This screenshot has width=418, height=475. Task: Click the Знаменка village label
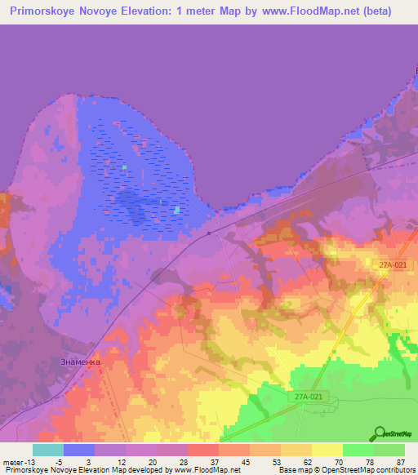coord(80,361)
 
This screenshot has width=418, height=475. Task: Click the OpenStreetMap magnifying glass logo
coord(380,433)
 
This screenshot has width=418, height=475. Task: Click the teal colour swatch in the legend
coord(48,450)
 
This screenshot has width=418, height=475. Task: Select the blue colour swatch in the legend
coord(79,450)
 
